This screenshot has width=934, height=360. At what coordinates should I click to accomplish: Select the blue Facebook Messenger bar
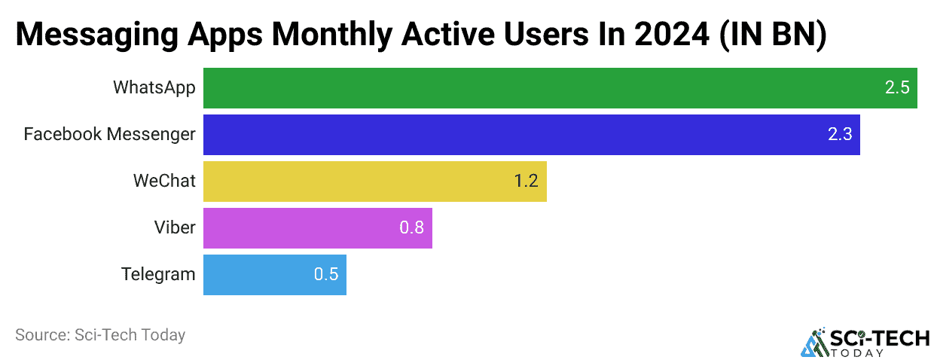531,135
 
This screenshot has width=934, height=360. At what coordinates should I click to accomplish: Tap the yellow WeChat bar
374,182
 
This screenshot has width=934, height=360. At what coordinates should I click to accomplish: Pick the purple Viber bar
317,228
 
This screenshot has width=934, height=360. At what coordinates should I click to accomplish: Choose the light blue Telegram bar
274,275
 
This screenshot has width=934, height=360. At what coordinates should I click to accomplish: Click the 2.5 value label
897,88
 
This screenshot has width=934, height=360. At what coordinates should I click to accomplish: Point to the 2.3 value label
840,135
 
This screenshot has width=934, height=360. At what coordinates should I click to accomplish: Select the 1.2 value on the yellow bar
526,182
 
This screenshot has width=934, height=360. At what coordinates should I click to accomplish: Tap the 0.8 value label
412,228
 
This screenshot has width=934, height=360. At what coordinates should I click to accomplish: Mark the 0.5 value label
326,275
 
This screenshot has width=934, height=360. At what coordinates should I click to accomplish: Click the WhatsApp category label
154,87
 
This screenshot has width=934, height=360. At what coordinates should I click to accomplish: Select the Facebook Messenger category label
110,134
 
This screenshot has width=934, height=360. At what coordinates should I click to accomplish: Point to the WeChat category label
164,181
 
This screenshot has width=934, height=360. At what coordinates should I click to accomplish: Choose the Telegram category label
158,274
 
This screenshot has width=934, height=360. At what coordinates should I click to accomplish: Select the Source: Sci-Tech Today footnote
100,335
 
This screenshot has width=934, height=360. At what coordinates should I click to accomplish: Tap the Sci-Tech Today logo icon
813,343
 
